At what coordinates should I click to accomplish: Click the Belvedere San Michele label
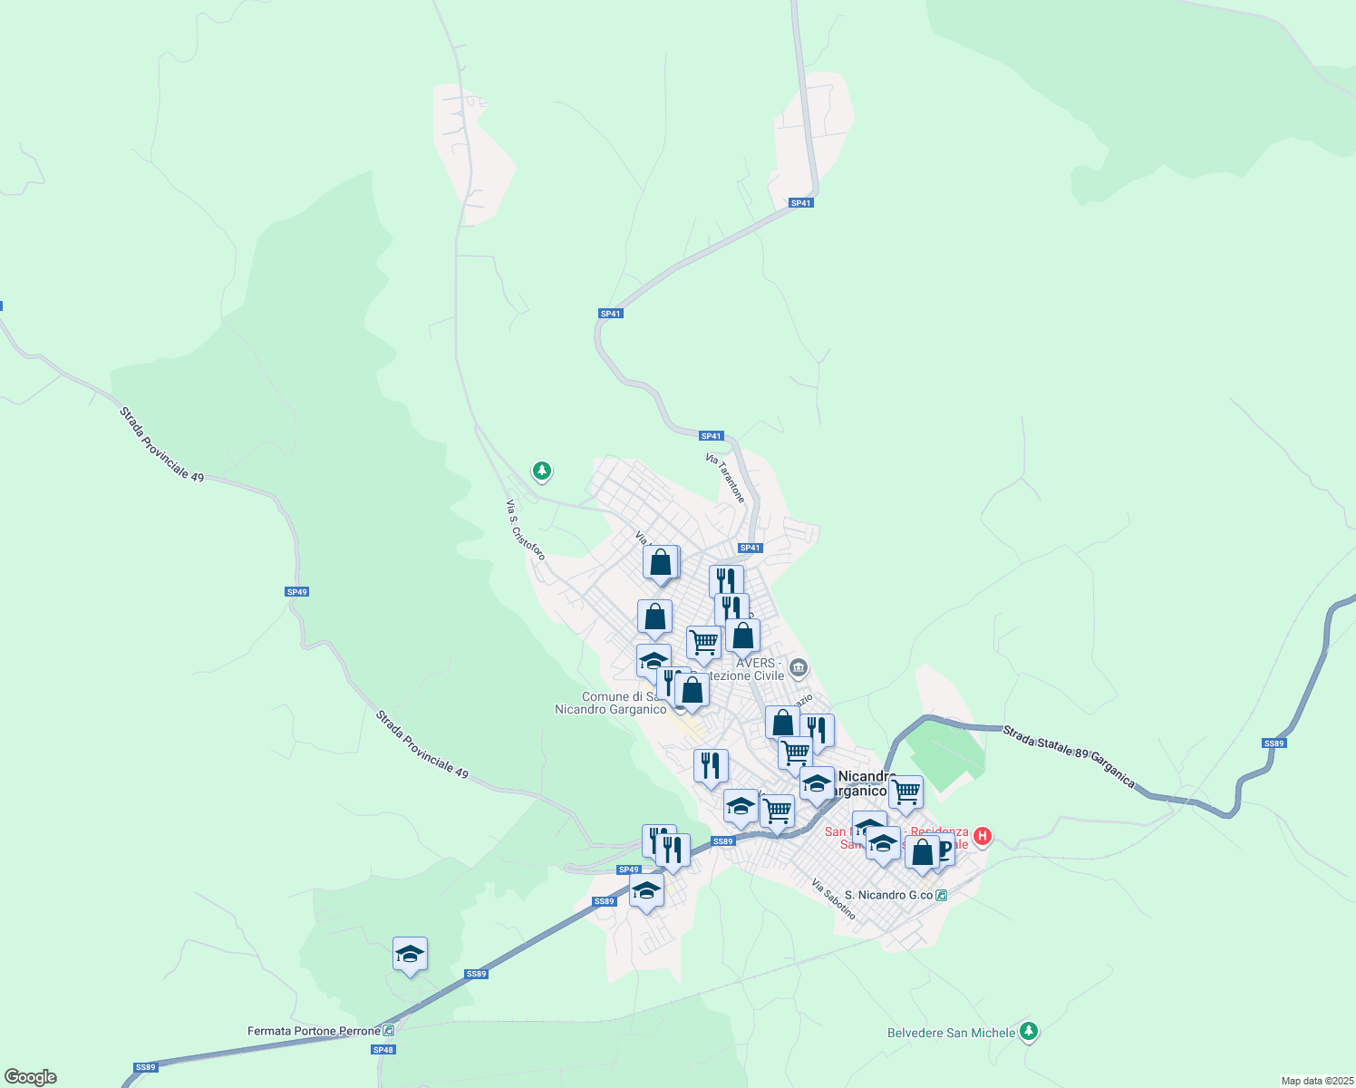(950, 1033)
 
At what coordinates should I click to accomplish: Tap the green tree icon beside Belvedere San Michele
(1028, 1031)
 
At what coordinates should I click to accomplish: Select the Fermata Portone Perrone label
(314, 1031)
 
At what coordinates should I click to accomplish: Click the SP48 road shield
(383, 1049)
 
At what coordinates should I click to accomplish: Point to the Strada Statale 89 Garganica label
(1069, 755)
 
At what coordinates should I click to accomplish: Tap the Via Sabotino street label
(833, 899)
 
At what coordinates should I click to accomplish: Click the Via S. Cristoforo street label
(526, 529)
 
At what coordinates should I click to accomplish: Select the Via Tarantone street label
(725, 479)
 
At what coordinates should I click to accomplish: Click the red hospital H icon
(982, 835)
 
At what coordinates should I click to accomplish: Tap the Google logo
(31, 1077)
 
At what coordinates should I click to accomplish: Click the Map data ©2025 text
(1315, 1081)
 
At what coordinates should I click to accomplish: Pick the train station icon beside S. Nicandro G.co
(942, 895)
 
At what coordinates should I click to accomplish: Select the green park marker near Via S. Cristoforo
(542, 471)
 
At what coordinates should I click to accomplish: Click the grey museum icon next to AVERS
(798, 669)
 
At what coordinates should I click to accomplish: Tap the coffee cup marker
(943, 850)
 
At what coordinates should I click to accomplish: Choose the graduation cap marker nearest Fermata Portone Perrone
(410, 954)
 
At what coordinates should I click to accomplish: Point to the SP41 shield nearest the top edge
(800, 203)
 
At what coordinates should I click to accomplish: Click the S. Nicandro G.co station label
(888, 895)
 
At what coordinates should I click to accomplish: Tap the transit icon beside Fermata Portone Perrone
(389, 1031)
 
